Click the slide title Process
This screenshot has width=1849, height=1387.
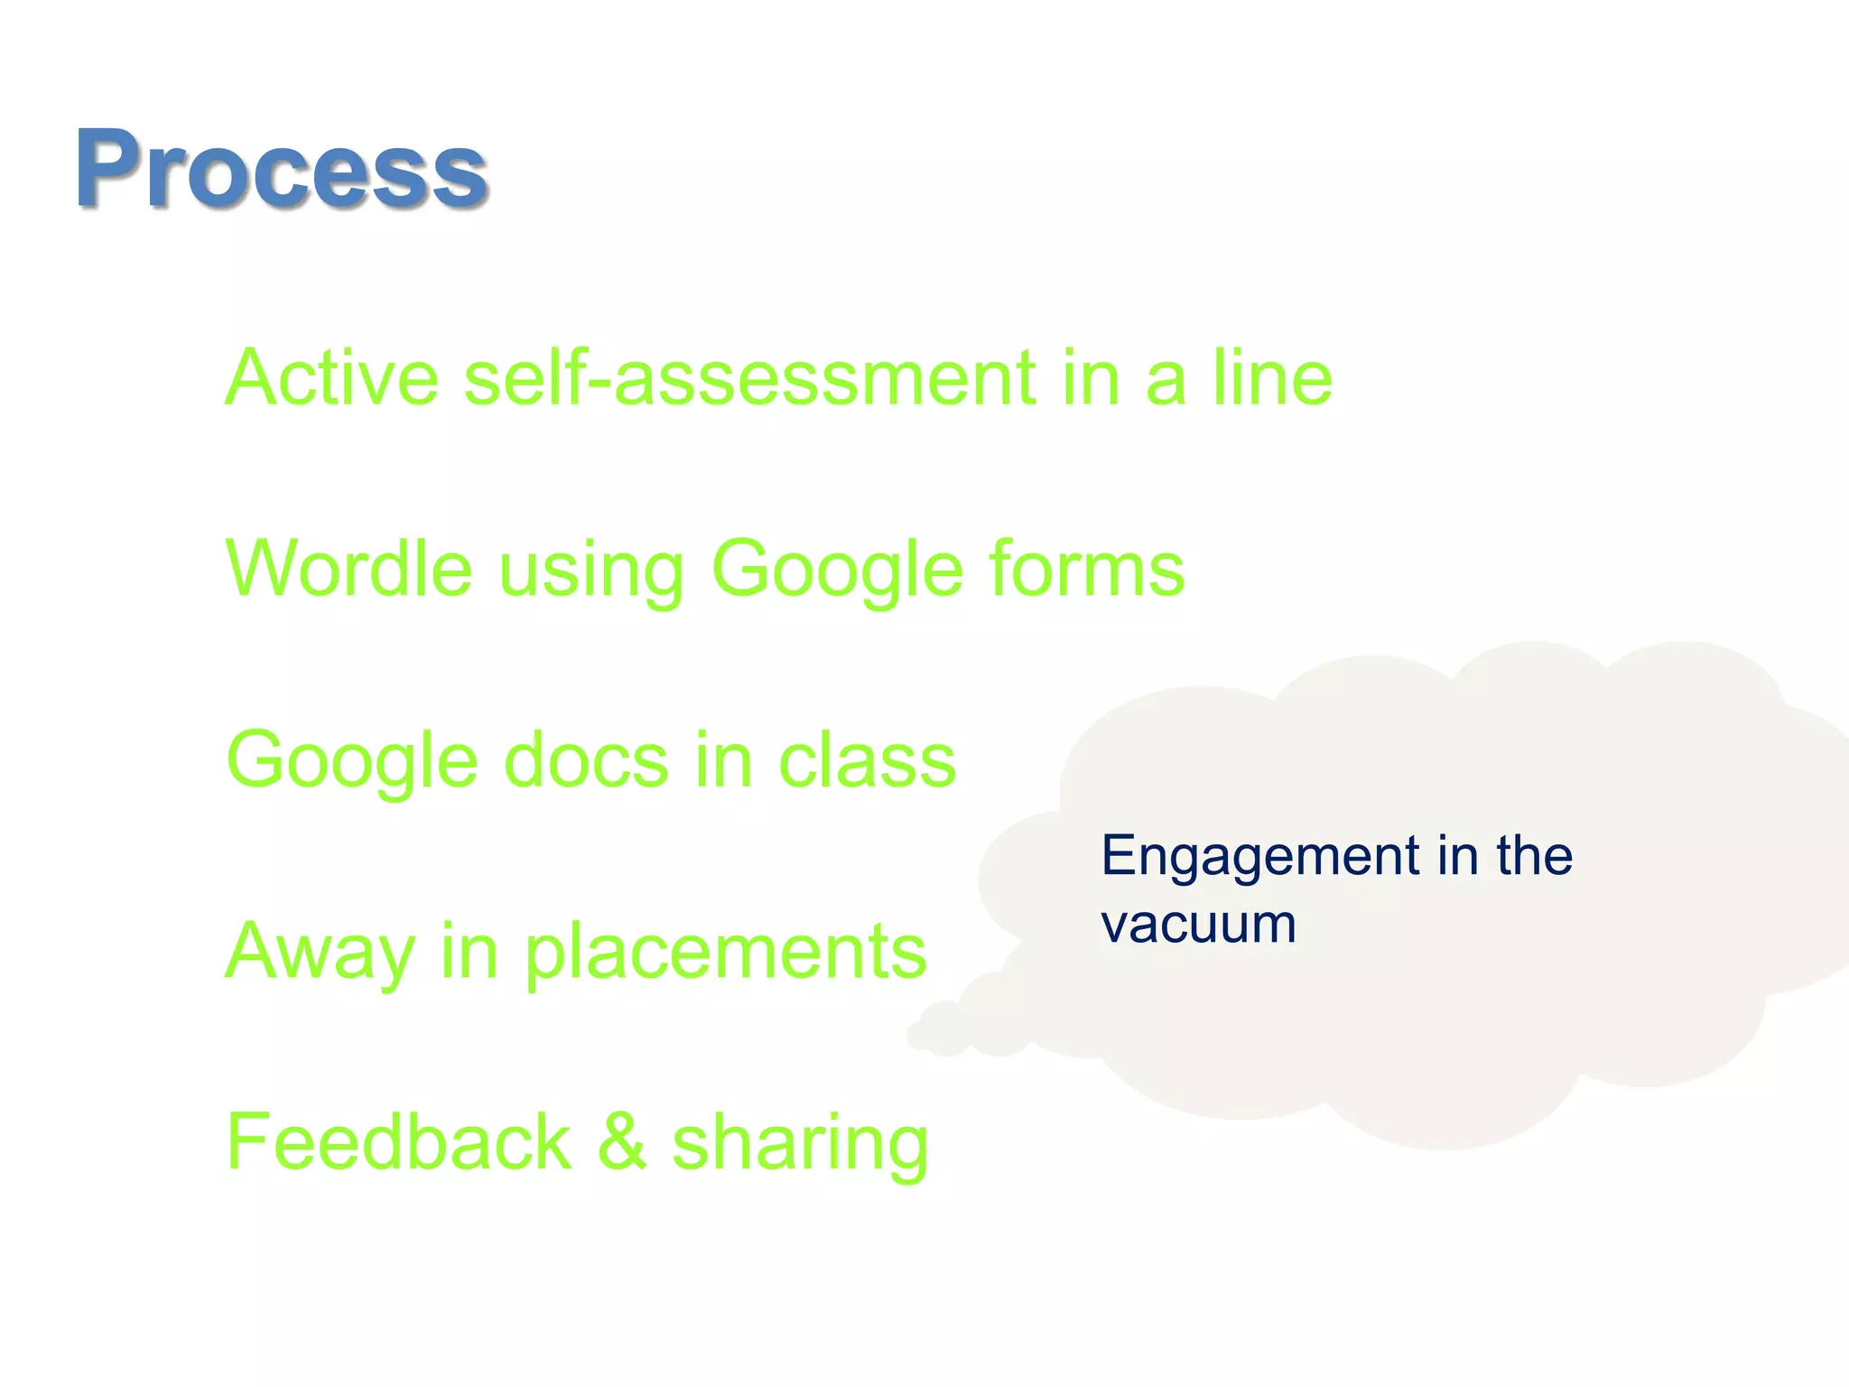(x=282, y=170)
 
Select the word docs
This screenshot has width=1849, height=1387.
(x=586, y=760)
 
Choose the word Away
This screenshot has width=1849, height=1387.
(x=320, y=954)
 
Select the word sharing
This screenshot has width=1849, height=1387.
(x=800, y=1145)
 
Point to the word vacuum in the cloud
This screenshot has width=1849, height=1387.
(x=1198, y=925)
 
